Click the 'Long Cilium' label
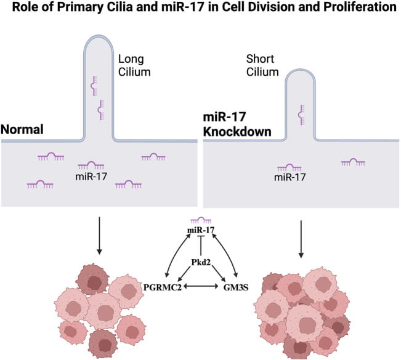(134, 65)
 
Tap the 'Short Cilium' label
(262, 65)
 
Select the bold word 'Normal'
(22, 129)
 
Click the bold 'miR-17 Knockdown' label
(237, 124)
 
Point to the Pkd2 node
(201, 262)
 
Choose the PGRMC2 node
(163, 287)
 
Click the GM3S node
(236, 287)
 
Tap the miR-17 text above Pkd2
(201, 230)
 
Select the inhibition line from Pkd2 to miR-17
(201, 246)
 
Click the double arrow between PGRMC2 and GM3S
(201, 287)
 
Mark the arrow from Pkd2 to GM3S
(218, 273)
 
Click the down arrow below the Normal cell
(100, 236)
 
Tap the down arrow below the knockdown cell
(301, 239)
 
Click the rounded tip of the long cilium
(99, 36)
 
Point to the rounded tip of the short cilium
(300, 70)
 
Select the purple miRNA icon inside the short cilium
(301, 115)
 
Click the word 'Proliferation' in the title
(360, 7)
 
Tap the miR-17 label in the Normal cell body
(91, 177)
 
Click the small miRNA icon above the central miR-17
(201, 220)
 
